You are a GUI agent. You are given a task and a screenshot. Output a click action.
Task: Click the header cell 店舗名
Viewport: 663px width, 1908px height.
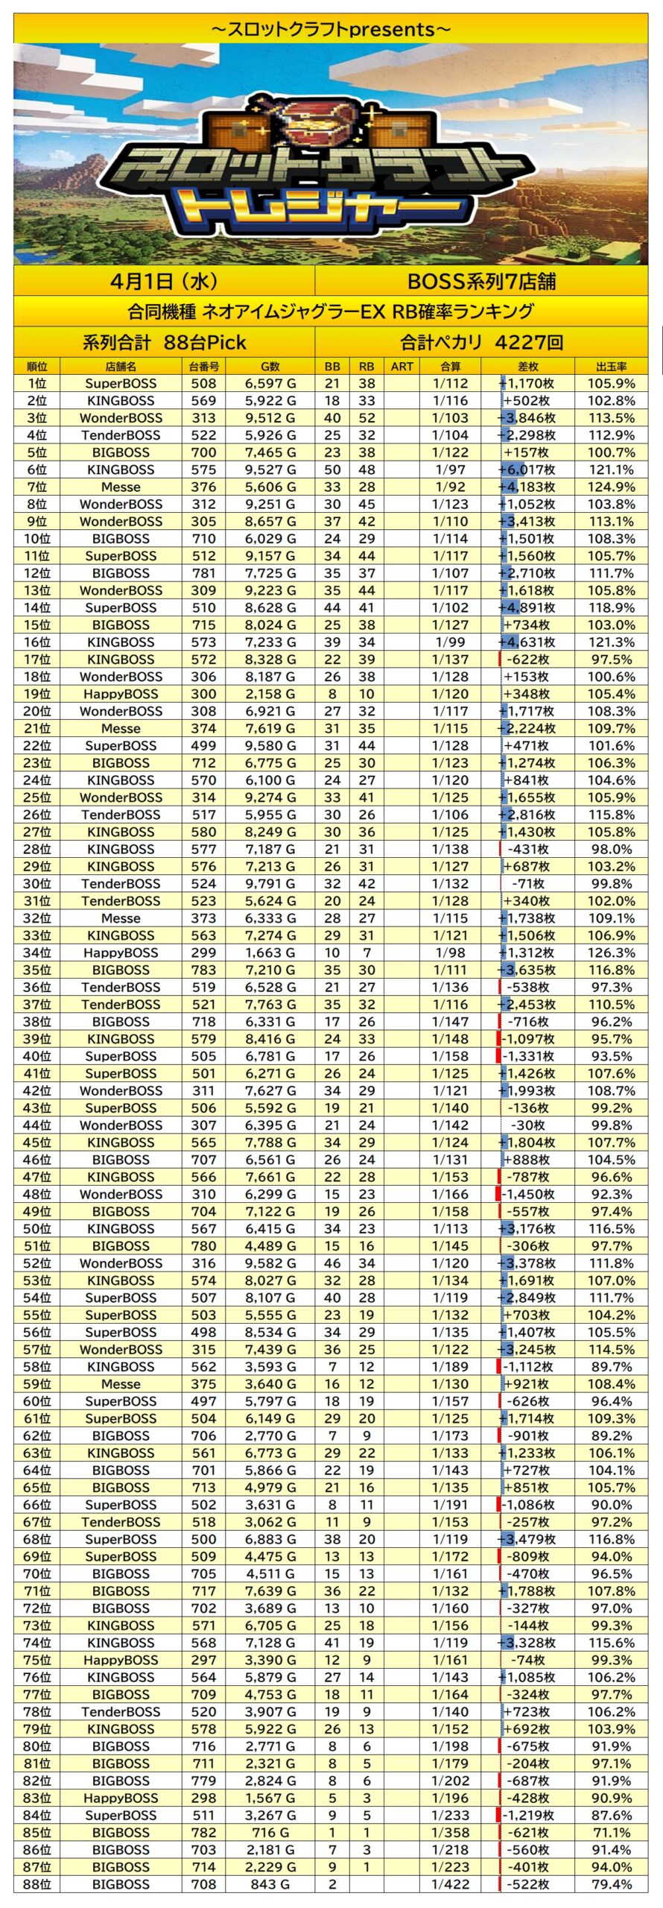pyautogui.click(x=121, y=367)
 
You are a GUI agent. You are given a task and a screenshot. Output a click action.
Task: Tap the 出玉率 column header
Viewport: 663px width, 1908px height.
pyautogui.click(x=611, y=367)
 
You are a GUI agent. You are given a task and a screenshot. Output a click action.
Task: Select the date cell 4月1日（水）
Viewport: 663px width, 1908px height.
pyautogui.click(x=164, y=281)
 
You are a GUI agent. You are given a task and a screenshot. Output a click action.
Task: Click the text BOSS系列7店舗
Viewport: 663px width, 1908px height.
pyautogui.click(x=480, y=281)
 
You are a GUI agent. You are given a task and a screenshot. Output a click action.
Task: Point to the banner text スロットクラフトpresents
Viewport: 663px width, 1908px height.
pyautogui.click(x=331, y=29)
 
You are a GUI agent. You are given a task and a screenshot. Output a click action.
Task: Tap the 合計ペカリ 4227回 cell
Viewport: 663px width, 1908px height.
pyautogui.click(x=480, y=342)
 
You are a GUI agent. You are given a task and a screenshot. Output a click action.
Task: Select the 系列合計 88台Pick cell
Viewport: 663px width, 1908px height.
pyautogui.click(x=164, y=342)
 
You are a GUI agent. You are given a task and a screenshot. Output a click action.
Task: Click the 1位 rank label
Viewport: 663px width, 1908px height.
pyautogui.click(x=37, y=384)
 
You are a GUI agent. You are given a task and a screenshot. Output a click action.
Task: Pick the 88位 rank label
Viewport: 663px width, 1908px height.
pyautogui.click(x=37, y=1884)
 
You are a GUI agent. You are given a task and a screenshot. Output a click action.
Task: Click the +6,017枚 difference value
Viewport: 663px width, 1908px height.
pyautogui.click(x=527, y=470)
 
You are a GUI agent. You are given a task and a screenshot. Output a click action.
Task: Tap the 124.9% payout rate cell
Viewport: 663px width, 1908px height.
pyautogui.click(x=611, y=487)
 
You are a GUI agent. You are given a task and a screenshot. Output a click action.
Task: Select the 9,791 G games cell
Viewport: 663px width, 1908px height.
pyautogui.click(x=270, y=884)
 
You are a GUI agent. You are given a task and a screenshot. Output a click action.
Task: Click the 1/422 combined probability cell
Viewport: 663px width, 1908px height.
pyautogui.click(x=450, y=1884)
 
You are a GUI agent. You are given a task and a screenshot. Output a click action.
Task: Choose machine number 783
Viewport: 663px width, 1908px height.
pyautogui.click(x=203, y=970)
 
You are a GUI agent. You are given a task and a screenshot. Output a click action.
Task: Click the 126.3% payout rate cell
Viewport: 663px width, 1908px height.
pyautogui.click(x=611, y=953)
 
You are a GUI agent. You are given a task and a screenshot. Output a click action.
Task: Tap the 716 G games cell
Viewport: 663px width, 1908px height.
pyautogui.click(x=270, y=1833)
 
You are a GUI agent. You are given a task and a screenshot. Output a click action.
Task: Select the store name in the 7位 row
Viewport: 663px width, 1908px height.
pyautogui.click(x=121, y=487)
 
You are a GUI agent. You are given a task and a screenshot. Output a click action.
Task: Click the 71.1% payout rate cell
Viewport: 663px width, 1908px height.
pyautogui.click(x=611, y=1833)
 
